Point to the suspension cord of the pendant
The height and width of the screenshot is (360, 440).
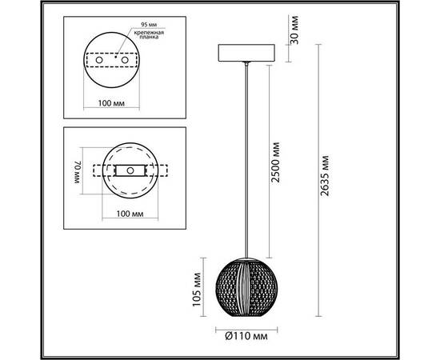(x=244, y=160)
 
